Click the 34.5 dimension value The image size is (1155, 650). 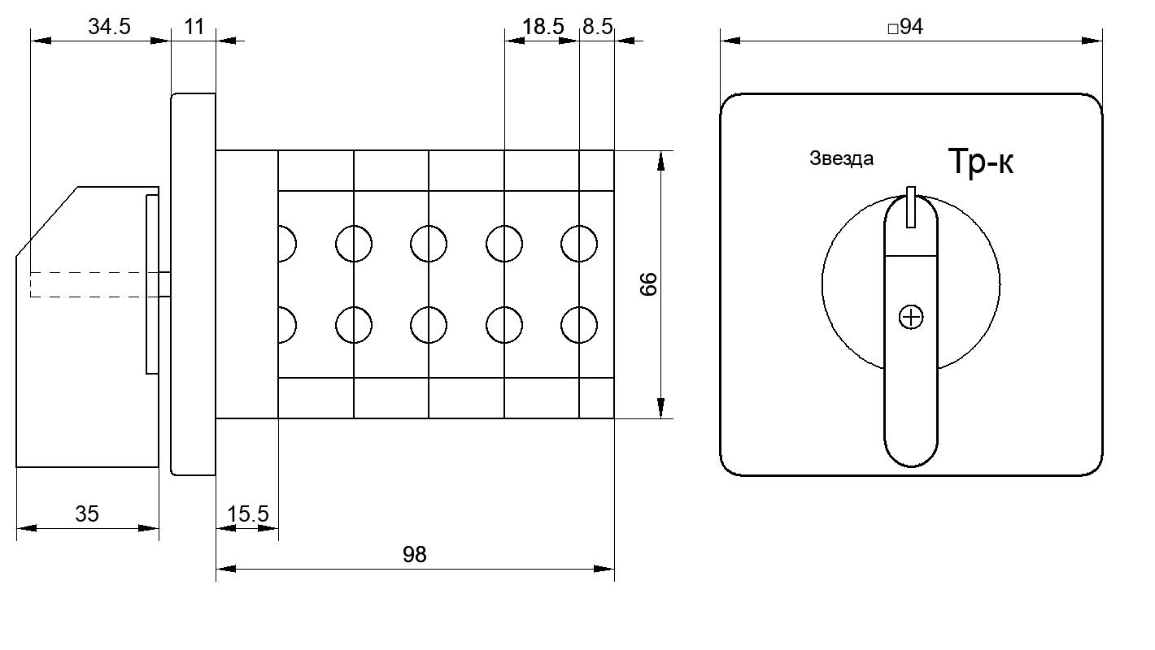point(109,26)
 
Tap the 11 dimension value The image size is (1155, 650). point(194,26)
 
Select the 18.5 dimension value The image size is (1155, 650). point(543,26)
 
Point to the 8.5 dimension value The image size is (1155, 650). point(598,26)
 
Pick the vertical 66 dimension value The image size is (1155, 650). point(648,284)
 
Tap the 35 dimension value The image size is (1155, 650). point(86,513)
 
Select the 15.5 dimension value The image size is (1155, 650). point(247,513)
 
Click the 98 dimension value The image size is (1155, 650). point(415,555)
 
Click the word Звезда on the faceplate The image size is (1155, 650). point(842,158)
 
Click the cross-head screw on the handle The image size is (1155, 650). point(911,317)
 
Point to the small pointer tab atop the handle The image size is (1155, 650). point(911,206)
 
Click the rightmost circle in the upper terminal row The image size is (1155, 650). point(579,244)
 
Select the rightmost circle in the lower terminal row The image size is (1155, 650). point(579,325)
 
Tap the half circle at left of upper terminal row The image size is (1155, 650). point(295,244)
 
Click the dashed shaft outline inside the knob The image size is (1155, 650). point(94,284)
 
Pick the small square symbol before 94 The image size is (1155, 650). point(893,28)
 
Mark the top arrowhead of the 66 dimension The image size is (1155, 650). point(661,160)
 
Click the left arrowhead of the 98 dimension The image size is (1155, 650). point(226,569)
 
